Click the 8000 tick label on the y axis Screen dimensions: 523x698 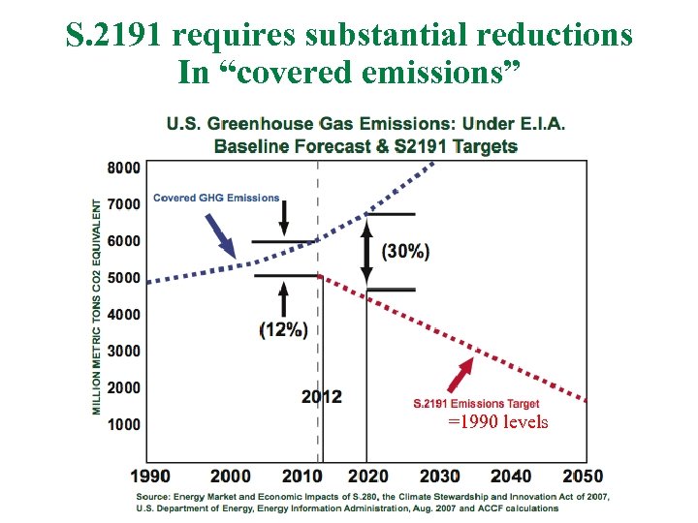click(123, 168)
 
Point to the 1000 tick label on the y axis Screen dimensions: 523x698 click(123, 424)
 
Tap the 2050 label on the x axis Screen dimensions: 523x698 click(582, 477)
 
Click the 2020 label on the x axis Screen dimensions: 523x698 click(367, 477)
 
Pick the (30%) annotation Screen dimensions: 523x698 click(405, 251)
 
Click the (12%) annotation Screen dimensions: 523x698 click(283, 329)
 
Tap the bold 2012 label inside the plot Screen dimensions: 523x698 click(321, 397)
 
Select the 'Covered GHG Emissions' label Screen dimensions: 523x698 click(216, 199)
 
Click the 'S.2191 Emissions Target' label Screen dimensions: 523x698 click(476, 404)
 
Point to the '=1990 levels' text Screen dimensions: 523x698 click(497, 422)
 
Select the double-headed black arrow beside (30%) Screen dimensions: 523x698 click(366, 252)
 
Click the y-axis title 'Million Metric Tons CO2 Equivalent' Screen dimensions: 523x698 click(98, 307)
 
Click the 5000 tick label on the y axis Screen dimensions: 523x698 click(123, 278)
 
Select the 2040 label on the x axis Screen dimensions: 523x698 click(511, 477)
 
